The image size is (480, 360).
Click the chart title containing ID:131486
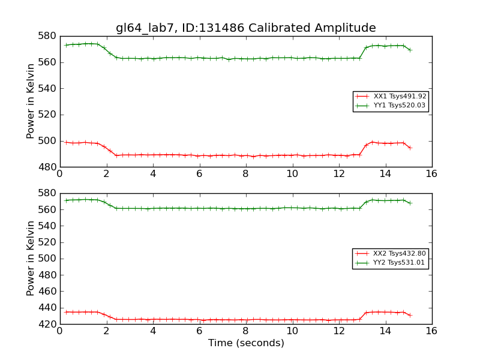coord(246,28)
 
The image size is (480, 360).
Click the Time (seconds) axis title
coord(246,343)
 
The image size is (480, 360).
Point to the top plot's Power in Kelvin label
coord(31,101)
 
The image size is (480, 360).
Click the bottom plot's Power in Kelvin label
coord(31,259)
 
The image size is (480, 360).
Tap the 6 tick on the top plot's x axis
coord(199,174)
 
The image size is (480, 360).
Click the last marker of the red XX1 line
coord(410,148)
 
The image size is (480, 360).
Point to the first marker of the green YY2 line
coord(66,200)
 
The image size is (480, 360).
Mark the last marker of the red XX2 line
coord(410,315)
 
